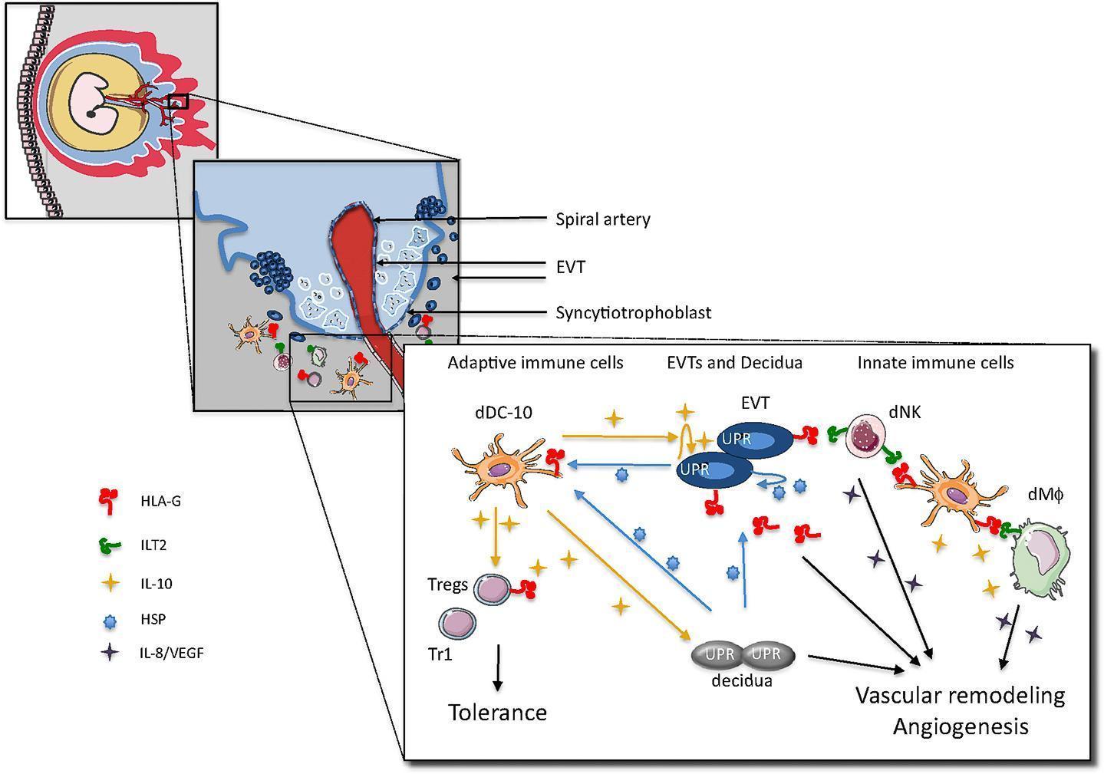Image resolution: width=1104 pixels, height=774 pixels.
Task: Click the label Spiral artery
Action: [602, 219]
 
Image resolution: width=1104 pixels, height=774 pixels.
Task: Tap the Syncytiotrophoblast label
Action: [633, 313]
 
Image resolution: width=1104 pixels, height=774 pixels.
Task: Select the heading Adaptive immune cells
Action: [536, 363]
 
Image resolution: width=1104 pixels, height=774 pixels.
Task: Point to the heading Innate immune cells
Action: [935, 363]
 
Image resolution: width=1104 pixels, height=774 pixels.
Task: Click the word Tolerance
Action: [497, 713]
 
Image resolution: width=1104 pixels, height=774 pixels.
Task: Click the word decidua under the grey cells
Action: [743, 680]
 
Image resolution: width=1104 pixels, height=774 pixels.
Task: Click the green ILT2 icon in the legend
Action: [110, 545]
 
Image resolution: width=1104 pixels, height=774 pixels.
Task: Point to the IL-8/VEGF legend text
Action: [172, 654]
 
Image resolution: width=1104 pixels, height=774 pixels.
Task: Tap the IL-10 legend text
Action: [157, 584]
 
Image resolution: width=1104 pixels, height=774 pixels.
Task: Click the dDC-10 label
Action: [503, 413]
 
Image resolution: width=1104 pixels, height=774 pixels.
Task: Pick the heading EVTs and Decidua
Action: [734, 363]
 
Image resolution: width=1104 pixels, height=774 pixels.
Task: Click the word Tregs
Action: [447, 585]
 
